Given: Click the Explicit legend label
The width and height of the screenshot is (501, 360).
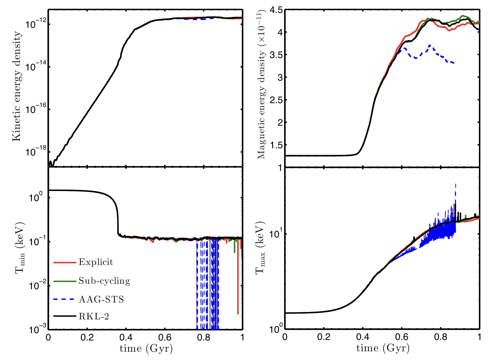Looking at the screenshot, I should pos(96,262).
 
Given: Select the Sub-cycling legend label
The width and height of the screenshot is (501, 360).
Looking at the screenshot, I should pos(104,281).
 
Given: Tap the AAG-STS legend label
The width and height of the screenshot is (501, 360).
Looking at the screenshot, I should pos(101,299).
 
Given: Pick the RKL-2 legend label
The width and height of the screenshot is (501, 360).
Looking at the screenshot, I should pos(94,316).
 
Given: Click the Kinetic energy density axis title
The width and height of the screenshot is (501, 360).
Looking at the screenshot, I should pos(17,86).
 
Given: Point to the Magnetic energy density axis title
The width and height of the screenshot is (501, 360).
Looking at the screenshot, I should pos(262,85).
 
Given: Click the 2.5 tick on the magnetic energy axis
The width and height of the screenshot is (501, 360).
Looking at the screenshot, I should pos(276,100).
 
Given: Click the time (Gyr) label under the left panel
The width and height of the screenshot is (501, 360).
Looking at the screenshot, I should pos(146,348).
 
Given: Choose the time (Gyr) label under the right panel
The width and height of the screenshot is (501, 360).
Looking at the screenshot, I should pos(383,348).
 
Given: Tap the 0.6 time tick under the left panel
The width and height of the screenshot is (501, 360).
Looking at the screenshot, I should pos(165,337).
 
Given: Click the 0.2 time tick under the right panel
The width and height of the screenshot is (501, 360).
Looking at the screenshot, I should pos(324,337).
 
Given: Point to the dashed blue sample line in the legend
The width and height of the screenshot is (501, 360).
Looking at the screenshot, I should pos(65,299).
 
